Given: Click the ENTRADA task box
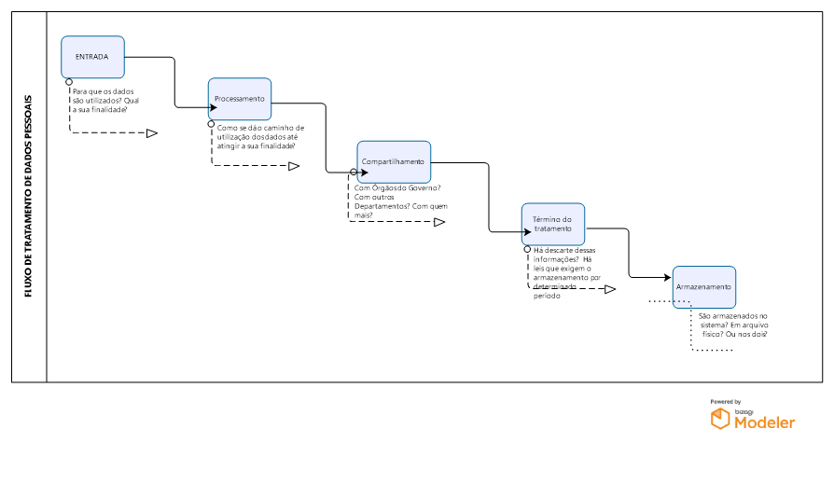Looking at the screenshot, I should click(92, 57).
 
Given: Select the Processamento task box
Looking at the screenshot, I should click(240, 99).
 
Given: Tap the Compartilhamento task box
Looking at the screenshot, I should click(393, 161).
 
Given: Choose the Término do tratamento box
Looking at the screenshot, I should click(552, 224).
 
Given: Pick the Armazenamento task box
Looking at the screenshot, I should click(703, 287).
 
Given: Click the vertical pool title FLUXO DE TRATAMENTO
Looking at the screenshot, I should click(28, 196).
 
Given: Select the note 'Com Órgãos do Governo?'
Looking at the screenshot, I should click(398, 201).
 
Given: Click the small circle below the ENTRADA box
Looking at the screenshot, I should click(69, 82).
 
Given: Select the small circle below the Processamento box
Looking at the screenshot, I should click(212, 124).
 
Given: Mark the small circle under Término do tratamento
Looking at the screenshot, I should click(526, 250).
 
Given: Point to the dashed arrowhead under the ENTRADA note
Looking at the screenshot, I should click(151, 133).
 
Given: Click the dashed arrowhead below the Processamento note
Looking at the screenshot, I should click(293, 166).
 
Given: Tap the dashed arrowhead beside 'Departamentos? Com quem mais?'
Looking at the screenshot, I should click(438, 222).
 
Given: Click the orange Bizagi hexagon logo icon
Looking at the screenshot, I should click(720, 420).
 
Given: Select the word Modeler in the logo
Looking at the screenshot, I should click(765, 422).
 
